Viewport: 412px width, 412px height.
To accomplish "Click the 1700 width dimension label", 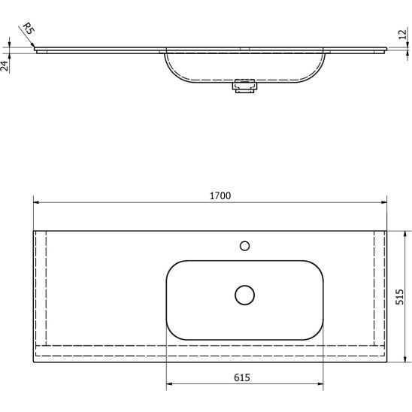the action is [220, 195].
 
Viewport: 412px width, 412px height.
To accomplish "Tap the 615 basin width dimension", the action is [242, 377].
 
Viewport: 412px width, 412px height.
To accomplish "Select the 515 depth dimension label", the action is [399, 297].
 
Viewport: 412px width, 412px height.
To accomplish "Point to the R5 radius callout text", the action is [28, 29].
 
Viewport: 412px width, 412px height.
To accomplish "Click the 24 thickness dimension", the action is [5, 65].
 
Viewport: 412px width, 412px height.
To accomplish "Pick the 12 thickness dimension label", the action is [402, 35].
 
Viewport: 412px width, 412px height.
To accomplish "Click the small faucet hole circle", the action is [244, 246].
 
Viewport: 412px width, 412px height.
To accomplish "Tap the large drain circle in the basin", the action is [244, 295].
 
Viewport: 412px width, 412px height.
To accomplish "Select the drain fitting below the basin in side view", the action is [244, 86].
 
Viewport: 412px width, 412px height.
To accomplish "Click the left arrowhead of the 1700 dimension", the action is [36, 202].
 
